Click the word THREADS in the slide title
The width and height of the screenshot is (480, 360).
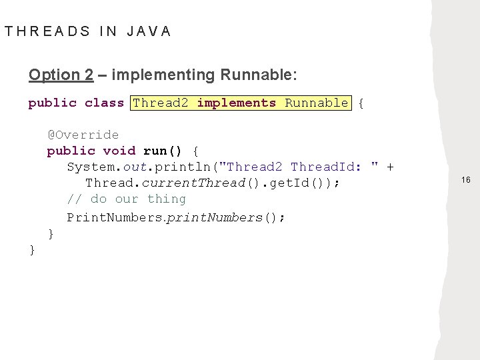coord(47,31)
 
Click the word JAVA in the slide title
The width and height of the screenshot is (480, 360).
coord(149,31)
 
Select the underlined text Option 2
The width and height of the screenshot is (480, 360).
coord(61,75)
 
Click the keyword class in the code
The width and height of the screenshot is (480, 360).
coord(104,103)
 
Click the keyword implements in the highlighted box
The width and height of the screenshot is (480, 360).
coord(237,103)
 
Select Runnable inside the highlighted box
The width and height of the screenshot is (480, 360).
coord(316,103)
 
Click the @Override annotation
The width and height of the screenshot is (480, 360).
coord(83,135)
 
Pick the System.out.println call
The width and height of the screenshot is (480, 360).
coord(143,167)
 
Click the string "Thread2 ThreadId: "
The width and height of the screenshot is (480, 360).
coord(299,167)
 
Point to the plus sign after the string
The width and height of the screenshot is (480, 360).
coord(389,167)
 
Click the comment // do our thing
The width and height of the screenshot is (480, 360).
coord(127,199)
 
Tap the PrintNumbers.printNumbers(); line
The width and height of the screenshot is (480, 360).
coord(176,217)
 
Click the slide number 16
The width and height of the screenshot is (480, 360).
coord(465,180)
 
